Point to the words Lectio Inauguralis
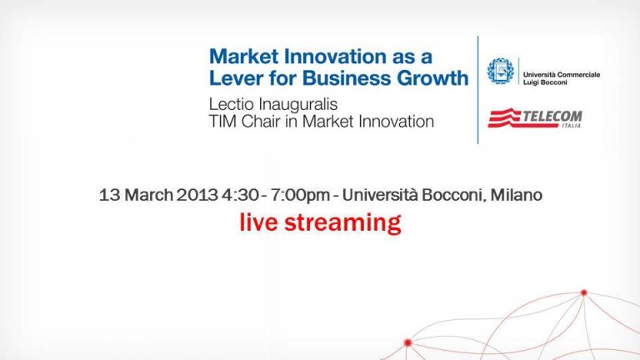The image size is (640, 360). click(273, 104)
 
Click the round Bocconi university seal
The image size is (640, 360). click(500, 71)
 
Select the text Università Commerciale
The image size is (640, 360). click(562, 75)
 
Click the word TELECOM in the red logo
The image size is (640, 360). click(552, 117)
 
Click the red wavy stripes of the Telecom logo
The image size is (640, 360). click(506, 118)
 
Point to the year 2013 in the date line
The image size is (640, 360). click(197, 195)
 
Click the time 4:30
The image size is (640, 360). click(240, 195)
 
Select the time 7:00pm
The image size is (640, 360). click(300, 195)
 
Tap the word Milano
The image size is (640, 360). click(517, 195)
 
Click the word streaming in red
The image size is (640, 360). click(342, 223)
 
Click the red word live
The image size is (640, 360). click(259, 222)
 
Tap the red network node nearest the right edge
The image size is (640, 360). click(583, 292)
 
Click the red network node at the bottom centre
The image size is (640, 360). click(407, 342)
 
